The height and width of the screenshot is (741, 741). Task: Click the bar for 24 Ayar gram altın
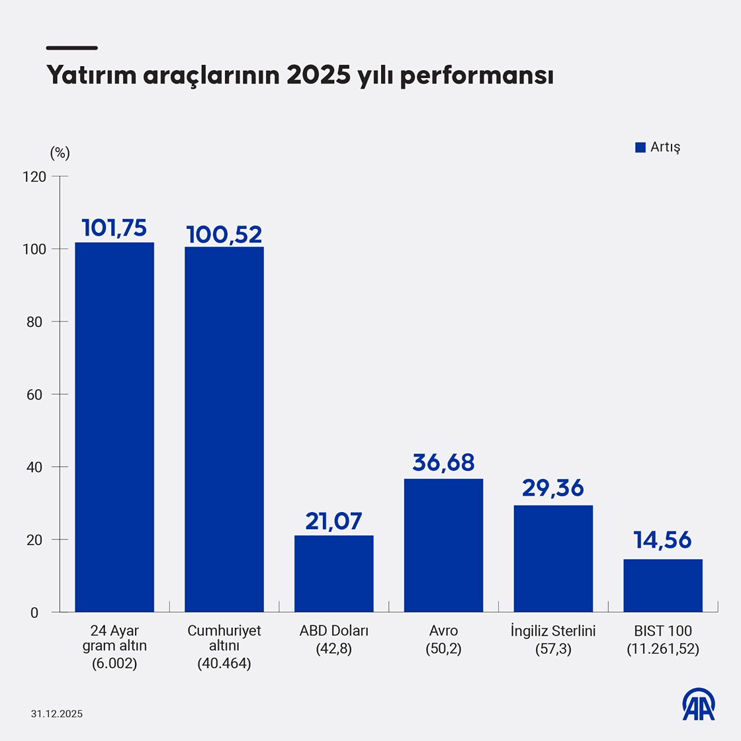coord(114,427)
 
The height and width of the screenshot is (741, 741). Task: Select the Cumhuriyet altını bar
coord(224,429)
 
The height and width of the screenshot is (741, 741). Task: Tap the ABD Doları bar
coord(334,574)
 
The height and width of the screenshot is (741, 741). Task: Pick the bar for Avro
coord(443,545)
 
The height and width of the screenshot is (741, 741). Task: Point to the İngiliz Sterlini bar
coord(553,558)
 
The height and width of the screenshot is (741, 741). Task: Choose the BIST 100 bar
coord(663,586)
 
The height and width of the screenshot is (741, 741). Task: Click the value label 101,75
coord(114,228)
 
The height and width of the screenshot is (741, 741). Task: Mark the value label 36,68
coord(443,462)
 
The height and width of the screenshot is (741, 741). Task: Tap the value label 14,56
coord(663,540)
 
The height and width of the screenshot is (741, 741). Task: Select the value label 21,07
coord(334,521)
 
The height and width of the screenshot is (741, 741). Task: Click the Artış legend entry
coord(658,147)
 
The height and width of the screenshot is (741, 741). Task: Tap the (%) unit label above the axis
coord(60,153)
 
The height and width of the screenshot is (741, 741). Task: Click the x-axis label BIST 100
coord(663,631)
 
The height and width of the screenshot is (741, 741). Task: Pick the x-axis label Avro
coord(443,631)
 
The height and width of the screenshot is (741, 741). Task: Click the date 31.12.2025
coord(57,714)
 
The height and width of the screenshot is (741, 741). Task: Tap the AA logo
coord(699,704)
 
